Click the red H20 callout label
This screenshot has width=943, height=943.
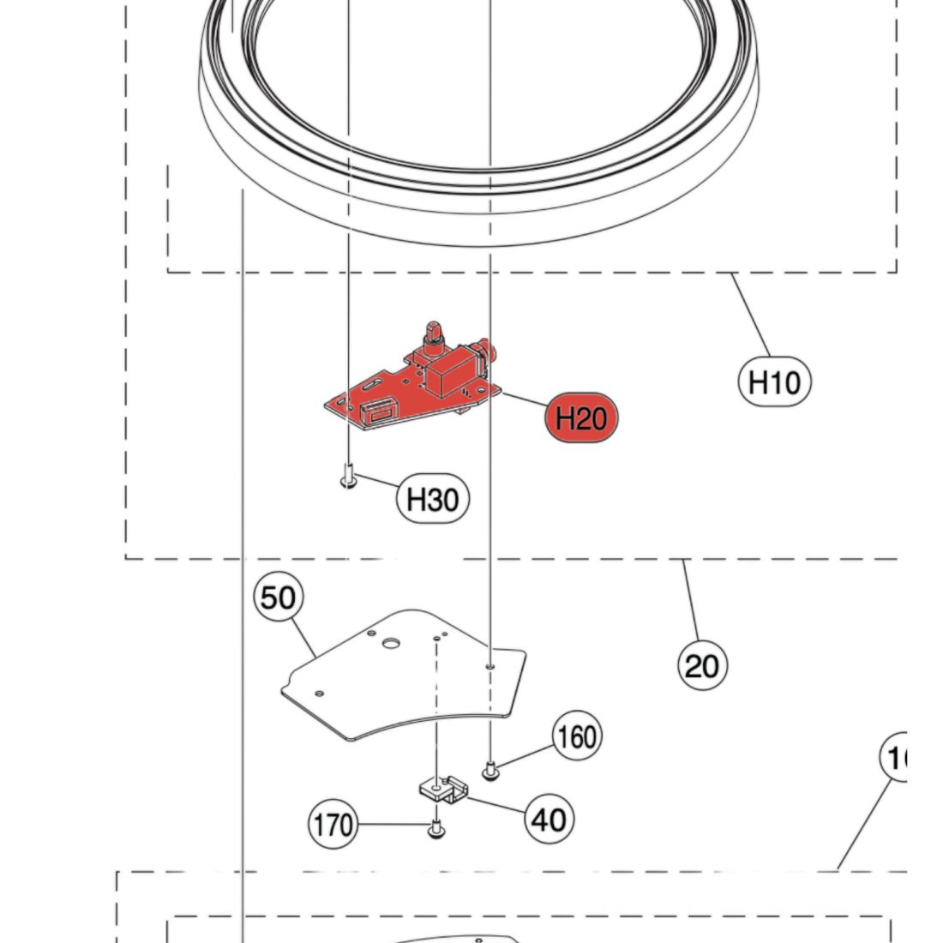pyautogui.click(x=580, y=418)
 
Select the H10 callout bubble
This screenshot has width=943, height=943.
pyautogui.click(x=773, y=381)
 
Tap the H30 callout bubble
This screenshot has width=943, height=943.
pyautogui.click(x=433, y=498)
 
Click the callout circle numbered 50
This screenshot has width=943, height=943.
pyautogui.click(x=278, y=598)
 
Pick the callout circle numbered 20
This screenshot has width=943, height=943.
pyautogui.click(x=702, y=664)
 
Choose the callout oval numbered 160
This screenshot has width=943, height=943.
pyautogui.click(x=577, y=736)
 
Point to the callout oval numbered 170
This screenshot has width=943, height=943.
pyautogui.click(x=332, y=825)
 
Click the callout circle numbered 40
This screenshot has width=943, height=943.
pyautogui.click(x=549, y=819)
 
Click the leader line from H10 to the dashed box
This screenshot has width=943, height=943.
pyautogui.click(x=754, y=318)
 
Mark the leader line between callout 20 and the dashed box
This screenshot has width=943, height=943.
pyautogui.click(x=692, y=600)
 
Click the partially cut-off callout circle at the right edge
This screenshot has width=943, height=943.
pyautogui.click(x=896, y=758)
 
